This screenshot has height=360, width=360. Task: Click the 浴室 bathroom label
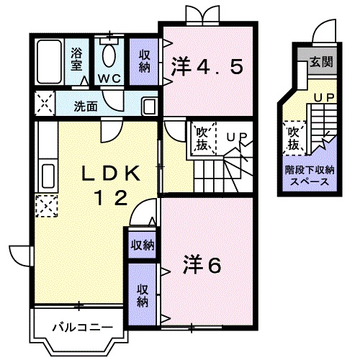[76, 58]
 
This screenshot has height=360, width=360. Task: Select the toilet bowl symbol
[110, 55]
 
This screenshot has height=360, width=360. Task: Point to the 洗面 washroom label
[86, 106]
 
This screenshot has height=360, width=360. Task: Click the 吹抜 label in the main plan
[201, 139]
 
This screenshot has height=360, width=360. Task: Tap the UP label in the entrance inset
[322, 96]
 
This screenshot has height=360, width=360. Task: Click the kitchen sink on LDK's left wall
[47, 175]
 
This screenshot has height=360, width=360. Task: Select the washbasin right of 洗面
[149, 106]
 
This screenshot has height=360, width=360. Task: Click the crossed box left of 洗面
[45, 104]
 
